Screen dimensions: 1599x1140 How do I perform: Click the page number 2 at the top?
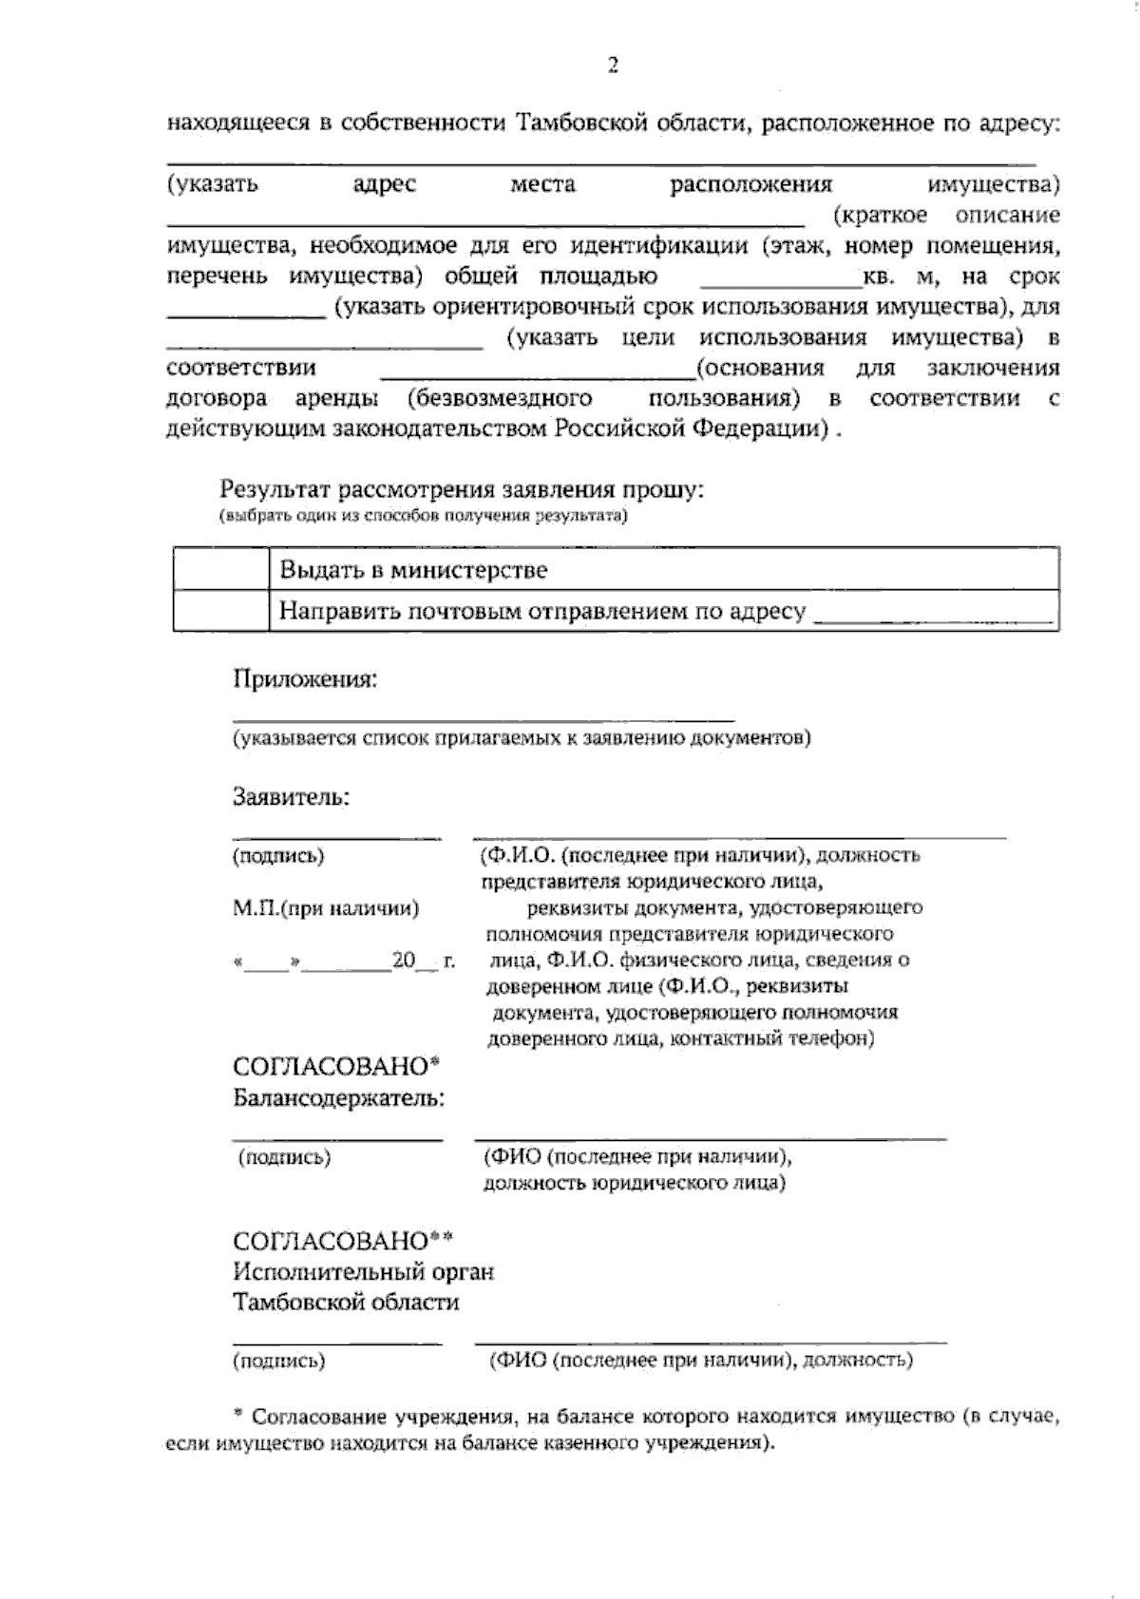pos(613,66)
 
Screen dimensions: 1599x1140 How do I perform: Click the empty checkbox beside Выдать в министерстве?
pos(220,570)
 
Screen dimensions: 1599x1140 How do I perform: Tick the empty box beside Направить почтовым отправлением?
pos(220,611)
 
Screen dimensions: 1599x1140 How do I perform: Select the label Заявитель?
pos(292,796)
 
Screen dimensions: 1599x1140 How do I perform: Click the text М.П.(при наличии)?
pos(326,908)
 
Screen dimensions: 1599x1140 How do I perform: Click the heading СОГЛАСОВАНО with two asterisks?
pos(343,1241)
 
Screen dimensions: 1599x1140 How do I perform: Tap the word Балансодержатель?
pos(339,1098)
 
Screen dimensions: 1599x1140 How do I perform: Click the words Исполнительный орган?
pos(364,1271)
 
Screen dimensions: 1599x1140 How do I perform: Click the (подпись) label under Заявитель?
pos(278,856)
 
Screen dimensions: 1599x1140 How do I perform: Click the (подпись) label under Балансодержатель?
pos(284,1157)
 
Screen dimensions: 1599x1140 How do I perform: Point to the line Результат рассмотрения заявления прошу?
pos(462,490)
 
